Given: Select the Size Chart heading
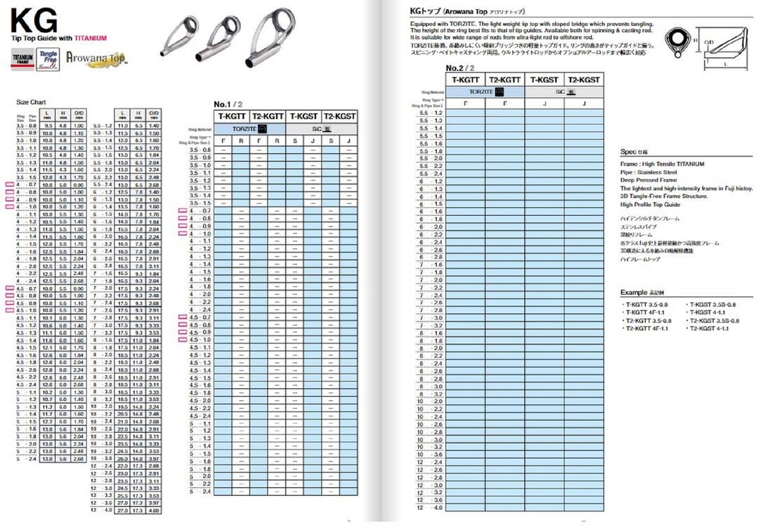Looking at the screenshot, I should point(31,102).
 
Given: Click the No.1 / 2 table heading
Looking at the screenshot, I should point(228,104).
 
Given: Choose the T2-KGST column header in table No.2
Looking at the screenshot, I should point(584,80).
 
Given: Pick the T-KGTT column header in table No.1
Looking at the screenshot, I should point(232,116).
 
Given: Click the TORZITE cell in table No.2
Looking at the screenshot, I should point(484,92).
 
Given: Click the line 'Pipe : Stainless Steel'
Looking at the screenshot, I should point(648,172).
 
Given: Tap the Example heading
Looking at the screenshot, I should point(637,292).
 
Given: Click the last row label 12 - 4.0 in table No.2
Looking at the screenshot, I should point(430,508).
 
